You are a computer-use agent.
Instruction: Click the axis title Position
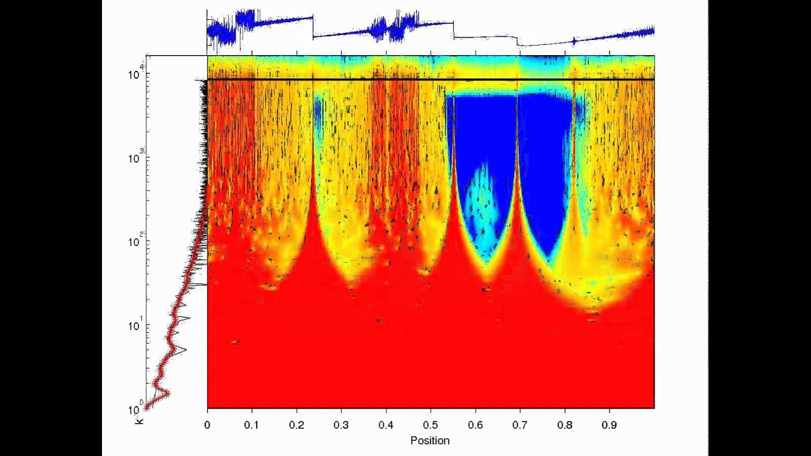pos(430,440)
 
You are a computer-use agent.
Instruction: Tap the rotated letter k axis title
pos(140,419)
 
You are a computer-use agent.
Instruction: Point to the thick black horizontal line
pos(431,79)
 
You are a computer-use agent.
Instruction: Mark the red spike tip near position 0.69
pos(517,101)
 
